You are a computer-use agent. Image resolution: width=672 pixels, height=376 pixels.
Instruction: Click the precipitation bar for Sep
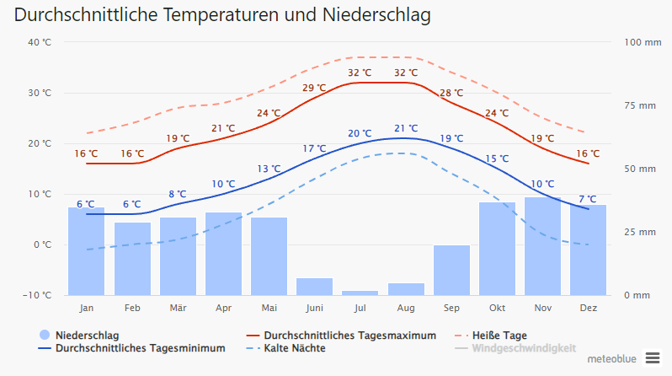[x=451, y=270]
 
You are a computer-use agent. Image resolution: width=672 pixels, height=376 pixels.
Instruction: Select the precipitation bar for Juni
[x=314, y=286]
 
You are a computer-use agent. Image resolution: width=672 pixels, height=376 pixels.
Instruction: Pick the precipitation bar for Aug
[x=406, y=288]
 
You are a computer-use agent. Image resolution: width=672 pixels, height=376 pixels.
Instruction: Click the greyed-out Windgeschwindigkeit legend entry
[x=523, y=348]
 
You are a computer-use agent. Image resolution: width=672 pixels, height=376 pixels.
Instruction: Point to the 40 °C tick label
[x=40, y=42]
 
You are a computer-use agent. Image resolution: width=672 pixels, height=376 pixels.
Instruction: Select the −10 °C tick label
[x=38, y=295]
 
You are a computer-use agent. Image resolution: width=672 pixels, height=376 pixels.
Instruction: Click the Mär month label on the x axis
[x=178, y=309]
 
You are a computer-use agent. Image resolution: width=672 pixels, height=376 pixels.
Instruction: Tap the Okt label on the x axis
[x=497, y=309]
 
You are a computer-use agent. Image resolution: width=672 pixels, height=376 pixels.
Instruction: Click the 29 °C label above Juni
[x=314, y=88]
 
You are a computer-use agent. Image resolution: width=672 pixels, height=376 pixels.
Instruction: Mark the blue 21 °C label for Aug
[x=406, y=128]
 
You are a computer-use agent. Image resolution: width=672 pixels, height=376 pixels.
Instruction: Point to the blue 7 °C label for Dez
[x=588, y=199]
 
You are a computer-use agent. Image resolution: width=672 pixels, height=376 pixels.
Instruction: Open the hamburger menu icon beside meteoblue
[x=653, y=358]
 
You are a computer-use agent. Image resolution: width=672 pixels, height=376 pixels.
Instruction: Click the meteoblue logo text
[x=611, y=358]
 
